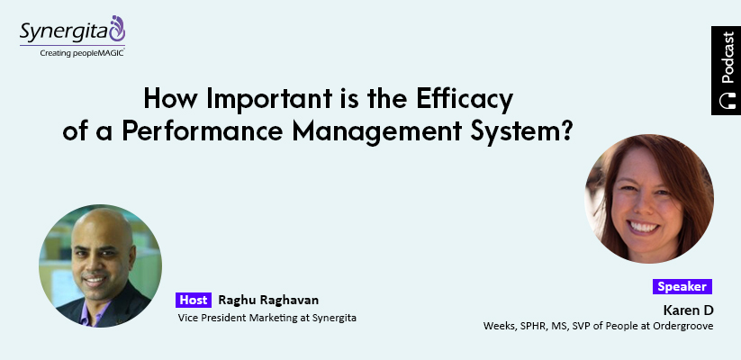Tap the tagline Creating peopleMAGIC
click(82, 53)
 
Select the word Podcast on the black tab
click(727, 58)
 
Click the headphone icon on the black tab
click(727, 101)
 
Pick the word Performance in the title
click(203, 131)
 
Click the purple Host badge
click(194, 300)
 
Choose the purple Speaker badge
click(682, 286)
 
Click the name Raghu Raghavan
click(268, 300)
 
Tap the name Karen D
click(688, 310)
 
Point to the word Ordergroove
click(682, 326)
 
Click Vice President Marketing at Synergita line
click(267, 318)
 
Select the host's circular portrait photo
click(100, 265)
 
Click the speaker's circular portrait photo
click(649, 198)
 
